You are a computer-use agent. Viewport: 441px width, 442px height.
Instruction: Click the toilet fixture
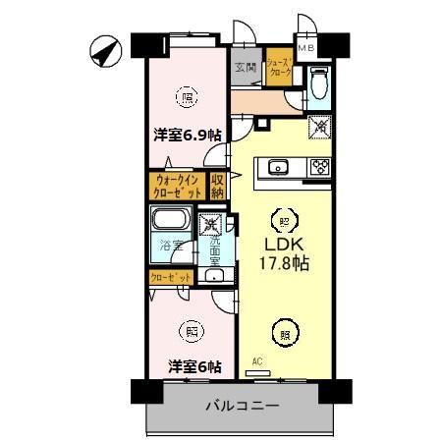pos(319,83)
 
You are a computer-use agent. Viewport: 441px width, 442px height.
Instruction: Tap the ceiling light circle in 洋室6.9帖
pos(186,95)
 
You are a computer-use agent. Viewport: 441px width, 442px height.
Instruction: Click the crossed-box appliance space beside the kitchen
pos(319,126)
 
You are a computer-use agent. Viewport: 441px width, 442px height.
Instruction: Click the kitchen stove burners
pos(318,166)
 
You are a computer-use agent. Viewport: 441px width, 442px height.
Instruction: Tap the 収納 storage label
pos(218,186)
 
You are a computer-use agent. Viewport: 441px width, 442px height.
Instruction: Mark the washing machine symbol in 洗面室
pos(209,226)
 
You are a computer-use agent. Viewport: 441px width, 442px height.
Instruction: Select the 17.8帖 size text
pos(286,263)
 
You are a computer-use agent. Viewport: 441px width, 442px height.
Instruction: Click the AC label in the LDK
pos(257,362)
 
